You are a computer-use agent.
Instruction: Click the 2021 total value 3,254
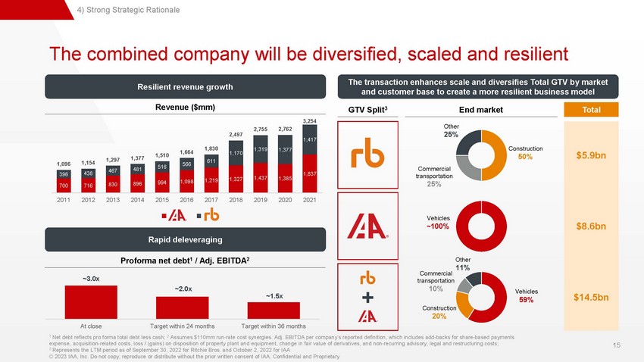tap(309, 121)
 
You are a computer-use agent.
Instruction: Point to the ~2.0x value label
tap(183, 289)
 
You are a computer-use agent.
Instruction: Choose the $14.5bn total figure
tap(591, 297)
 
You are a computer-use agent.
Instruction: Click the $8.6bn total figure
tap(591, 226)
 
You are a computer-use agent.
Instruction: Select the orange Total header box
tap(591, 110)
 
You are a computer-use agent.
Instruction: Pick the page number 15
tap(617, 345)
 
